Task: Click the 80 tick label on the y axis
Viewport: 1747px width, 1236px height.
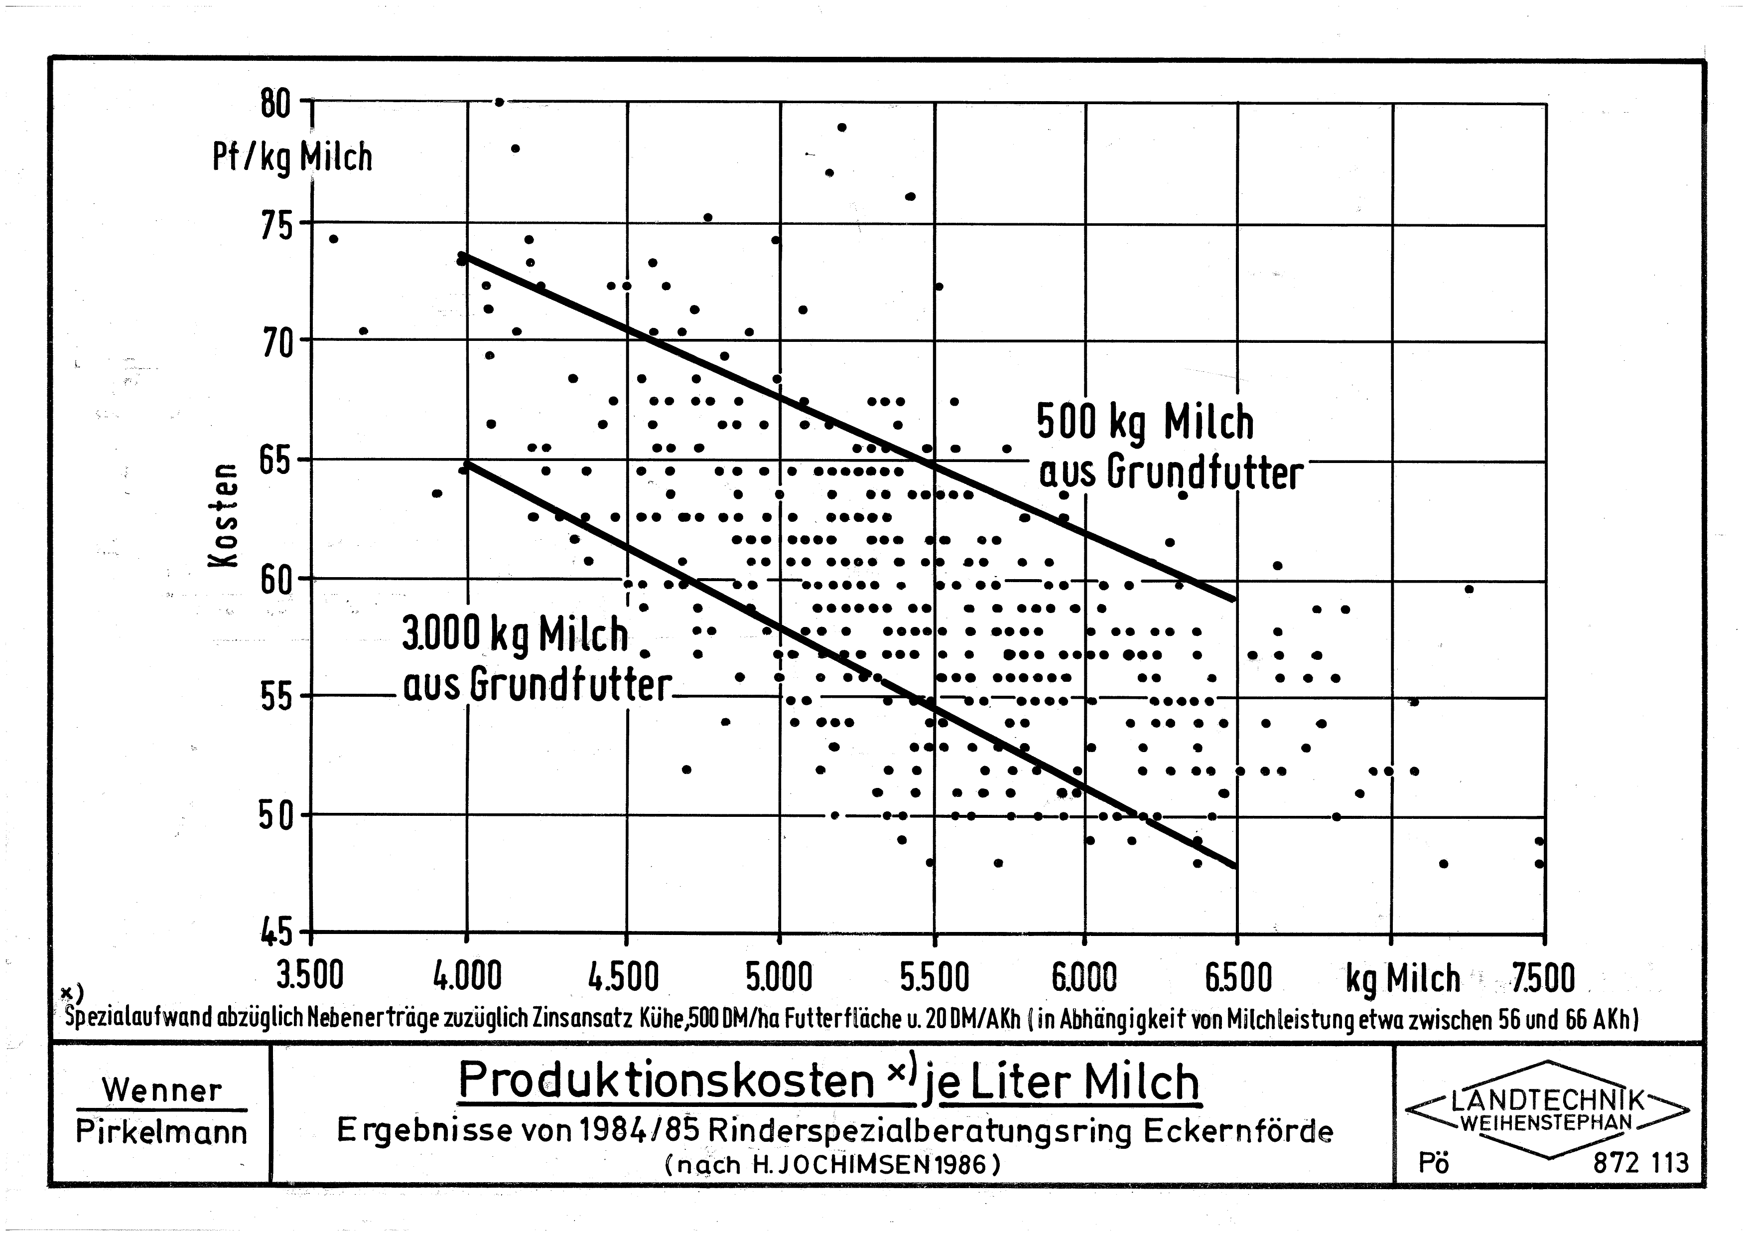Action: pyautogui.click(x=275, y=104)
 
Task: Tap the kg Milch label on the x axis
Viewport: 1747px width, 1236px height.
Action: pyautogui.click(x=1402, y=979)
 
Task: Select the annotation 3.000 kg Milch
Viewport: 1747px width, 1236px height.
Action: pyautogui.click(x=515, y=635)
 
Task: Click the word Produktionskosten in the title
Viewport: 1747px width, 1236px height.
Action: pyautogui.click(x=666, y=1080)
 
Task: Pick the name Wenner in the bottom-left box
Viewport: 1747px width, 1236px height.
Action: pyautogui.click(x=162, y=1090)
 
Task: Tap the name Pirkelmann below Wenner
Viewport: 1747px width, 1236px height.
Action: pyautogui.click(x=162, y=1132)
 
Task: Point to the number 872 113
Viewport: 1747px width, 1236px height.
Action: pyautogui.click(x=1640, y=1163)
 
